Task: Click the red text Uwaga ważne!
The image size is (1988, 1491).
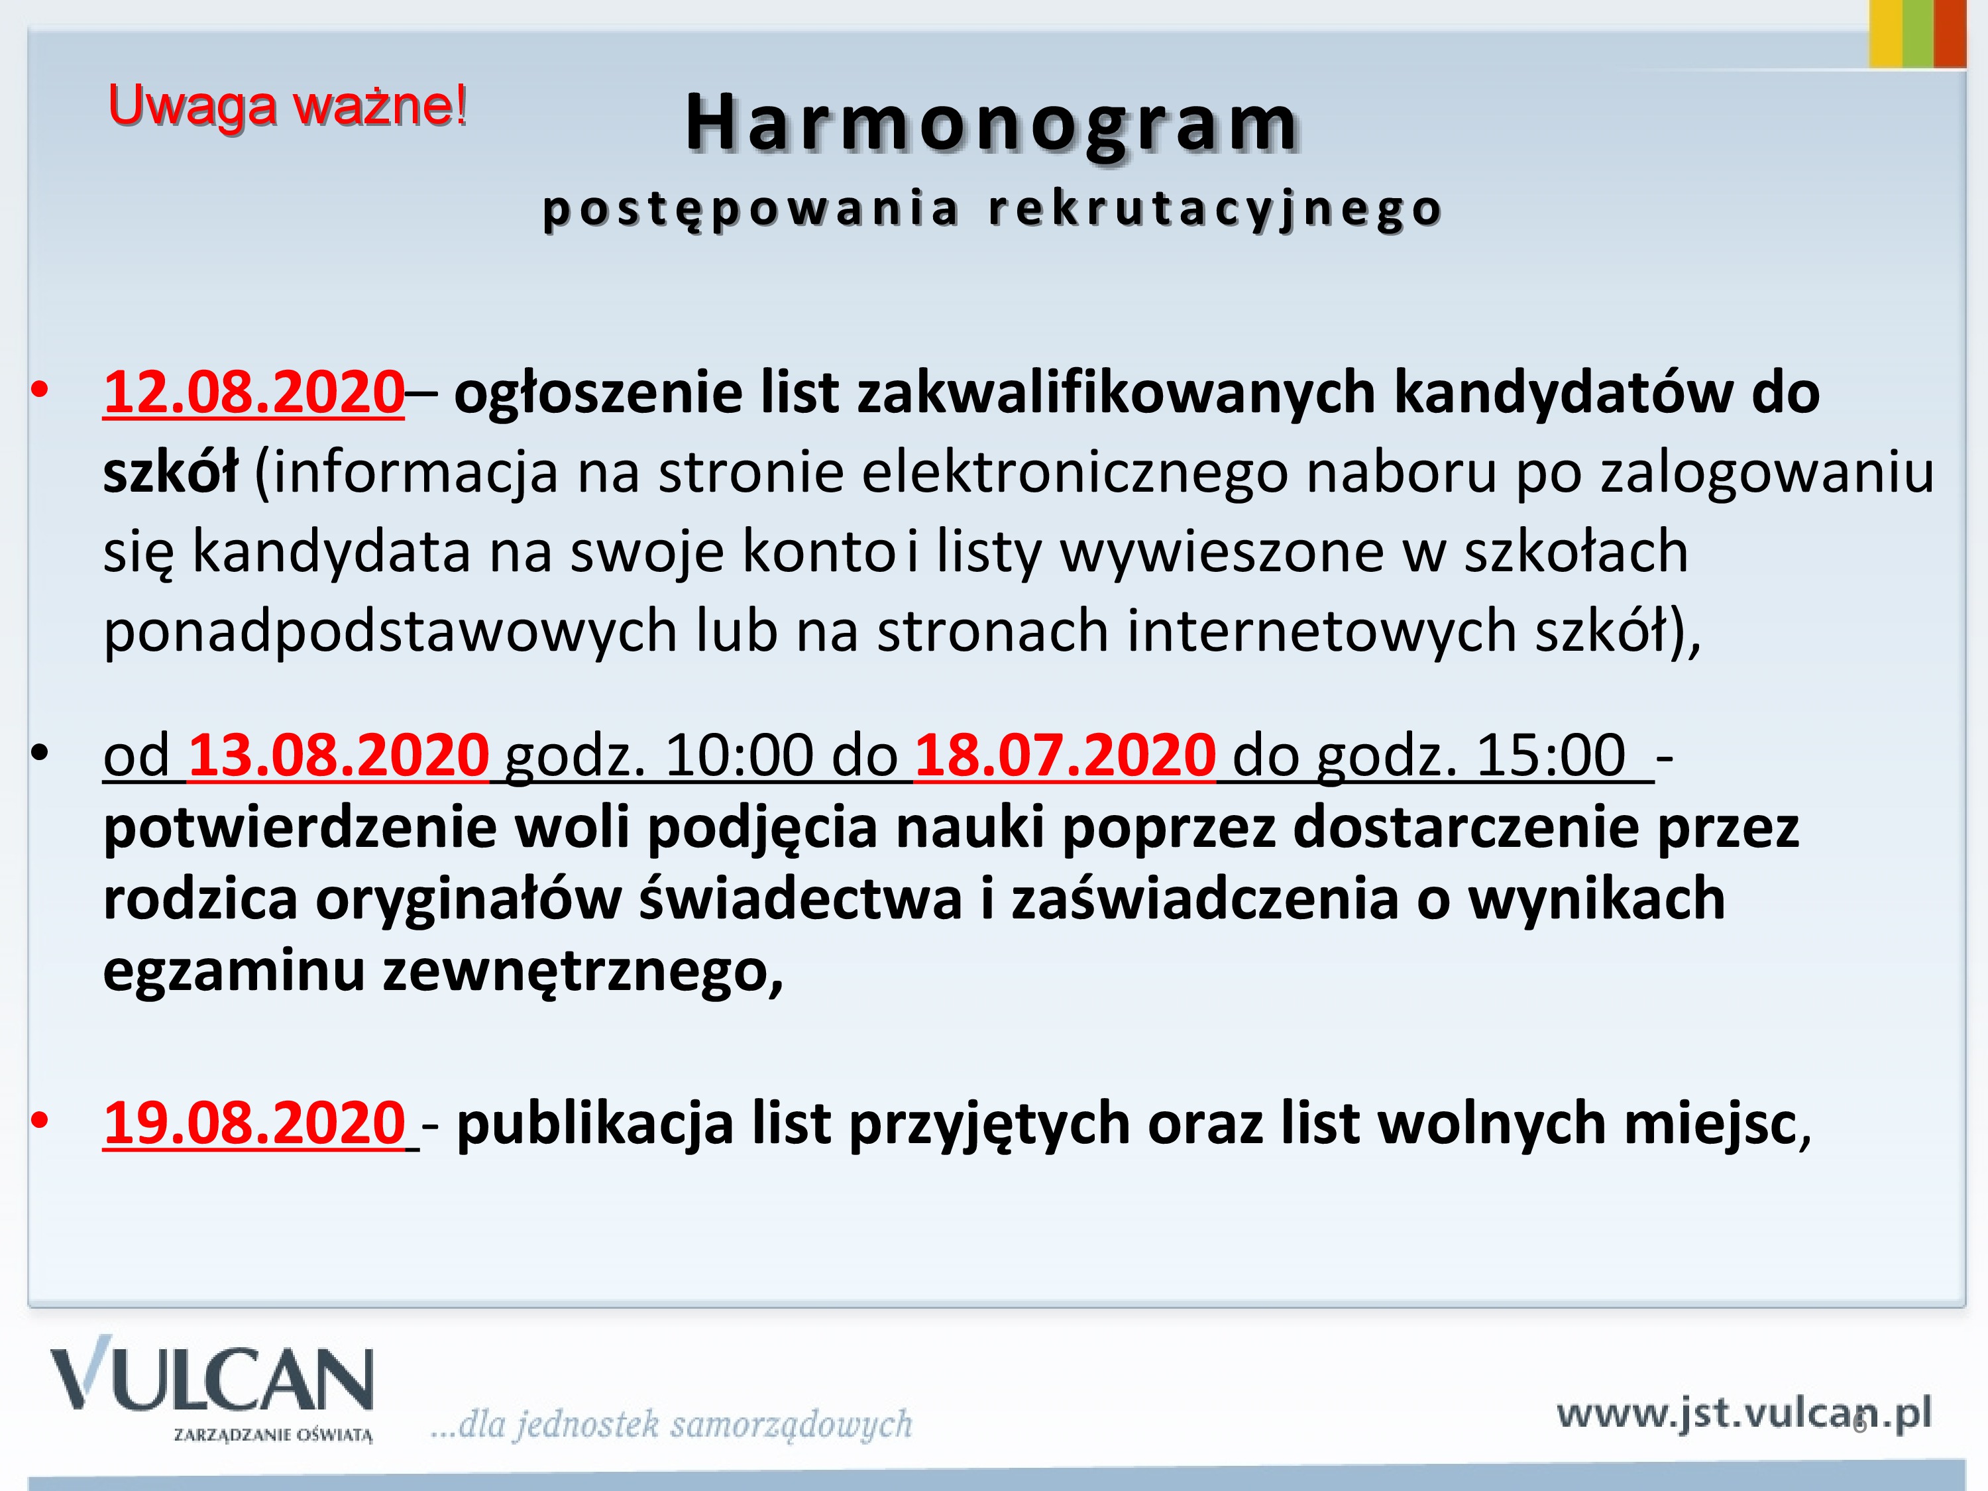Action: [288, 107]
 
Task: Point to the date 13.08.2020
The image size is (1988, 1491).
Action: [339, 755]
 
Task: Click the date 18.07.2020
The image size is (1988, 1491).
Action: [1065, 755]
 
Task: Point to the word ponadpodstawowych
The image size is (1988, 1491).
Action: [390, 632]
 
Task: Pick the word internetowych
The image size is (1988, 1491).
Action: [1322, 631]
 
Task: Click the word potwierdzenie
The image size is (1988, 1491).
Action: [300, 828]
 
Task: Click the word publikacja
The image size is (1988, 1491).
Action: [595, 1125]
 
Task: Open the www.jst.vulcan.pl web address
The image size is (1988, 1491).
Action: [1743, 1413]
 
